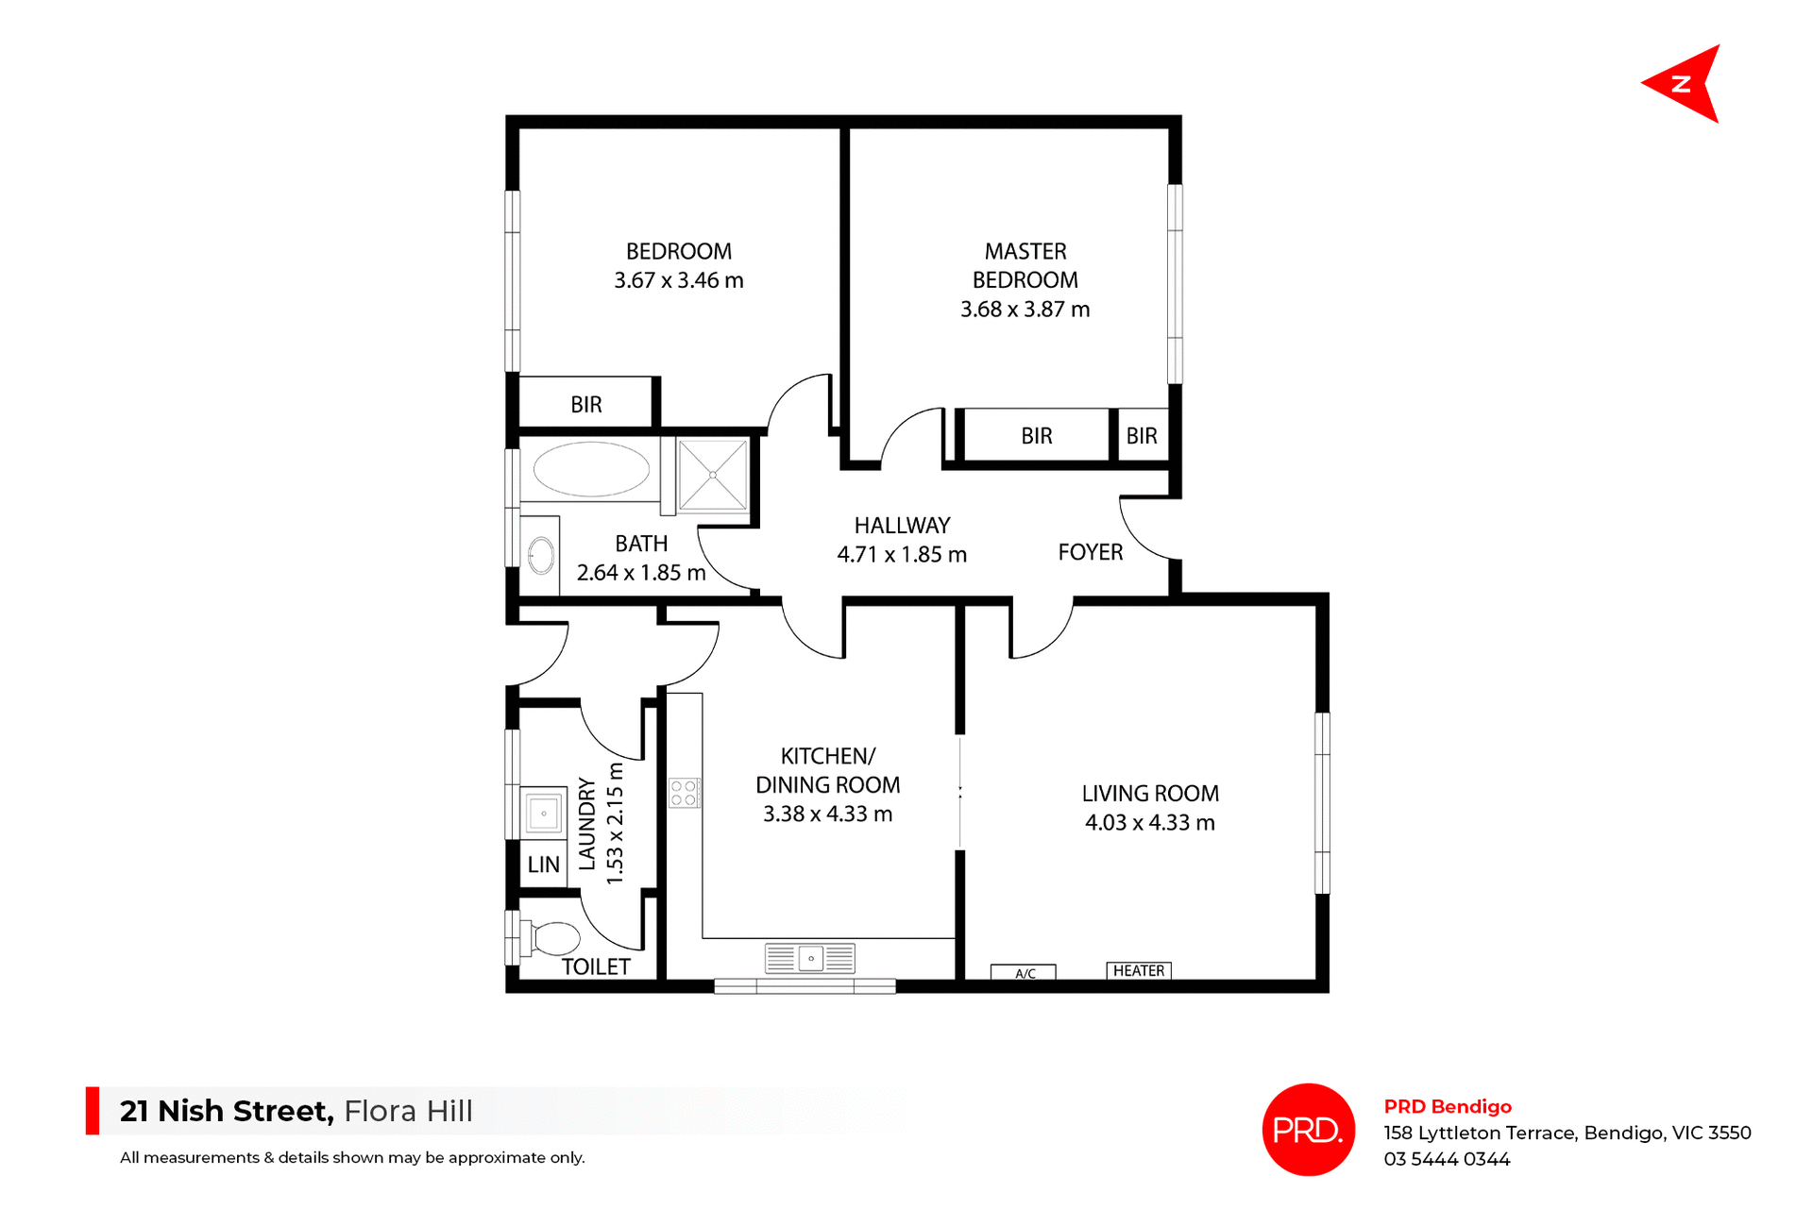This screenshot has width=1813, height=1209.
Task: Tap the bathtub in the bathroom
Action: tap(591, 469)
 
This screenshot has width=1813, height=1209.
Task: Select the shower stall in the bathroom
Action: tap(713, 475)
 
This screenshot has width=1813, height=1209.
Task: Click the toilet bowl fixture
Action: tap(555, 939)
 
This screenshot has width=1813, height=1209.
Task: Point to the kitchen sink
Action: tap(810, 959)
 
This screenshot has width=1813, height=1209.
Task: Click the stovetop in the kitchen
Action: tap(684, 793)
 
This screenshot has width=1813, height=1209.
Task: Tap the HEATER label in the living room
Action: tap(1139, 971)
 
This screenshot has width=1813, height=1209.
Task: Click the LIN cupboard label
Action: tap(543, 865)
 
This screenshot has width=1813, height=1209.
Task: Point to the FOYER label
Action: tap(1091, 553)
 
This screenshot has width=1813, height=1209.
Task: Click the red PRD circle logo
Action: tap(1308, 1130)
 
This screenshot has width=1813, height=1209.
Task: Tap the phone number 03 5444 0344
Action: tap(1447, 1160)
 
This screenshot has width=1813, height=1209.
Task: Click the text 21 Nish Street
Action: tap(227, 1112)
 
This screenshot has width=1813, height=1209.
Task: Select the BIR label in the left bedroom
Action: tap(586, 405)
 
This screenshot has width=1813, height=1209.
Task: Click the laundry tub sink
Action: tap(544, 813)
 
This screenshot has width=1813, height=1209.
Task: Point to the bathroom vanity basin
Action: tap(541, 556)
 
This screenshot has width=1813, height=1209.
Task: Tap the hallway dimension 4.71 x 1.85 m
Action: tap(902, 555)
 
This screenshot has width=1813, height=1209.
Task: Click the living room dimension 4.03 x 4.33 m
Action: tap(1150, 823)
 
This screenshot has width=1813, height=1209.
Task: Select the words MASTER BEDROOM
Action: tap(1025, 266)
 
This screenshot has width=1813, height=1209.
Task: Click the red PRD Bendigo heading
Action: tap(1448, 1107)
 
